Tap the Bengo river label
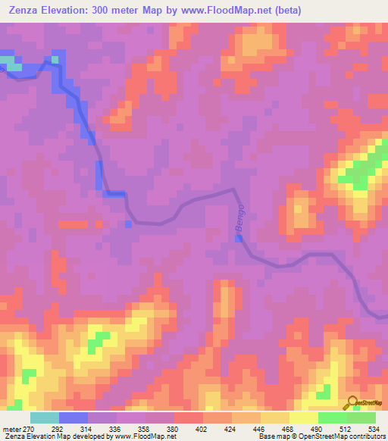[241, 218]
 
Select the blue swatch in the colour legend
[74, 418]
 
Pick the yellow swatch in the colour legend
[303, 418]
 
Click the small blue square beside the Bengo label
[239, 239]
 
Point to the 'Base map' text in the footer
[273, 436]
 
